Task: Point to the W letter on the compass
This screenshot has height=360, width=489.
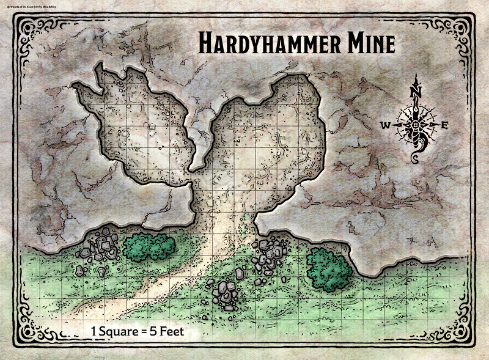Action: tap(386, 125)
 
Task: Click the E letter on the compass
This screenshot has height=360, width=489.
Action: tap(445, 125)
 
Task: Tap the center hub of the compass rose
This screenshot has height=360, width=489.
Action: tap(416, 125)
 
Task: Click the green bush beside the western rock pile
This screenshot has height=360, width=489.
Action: tap(149, 246)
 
